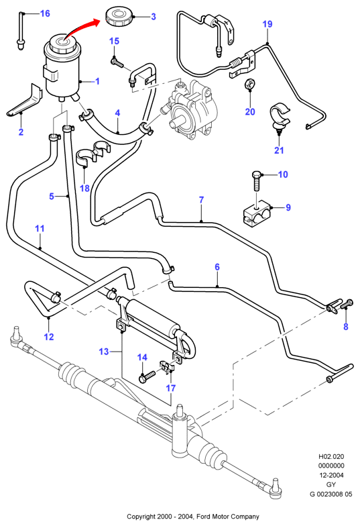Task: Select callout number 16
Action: (x=46, y=13)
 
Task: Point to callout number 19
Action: (x=267, y=24)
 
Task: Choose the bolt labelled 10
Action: (x=257, y=181)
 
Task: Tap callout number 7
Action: (x=201, y=200)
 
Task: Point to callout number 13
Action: (x=104, y=352)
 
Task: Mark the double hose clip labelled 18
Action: (x=94, y=153)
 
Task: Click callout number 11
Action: (x=40, y=229)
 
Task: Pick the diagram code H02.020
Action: (x=331, y=456)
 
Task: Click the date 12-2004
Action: (x=331, y=475)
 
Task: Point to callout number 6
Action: (x=217, y=267)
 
